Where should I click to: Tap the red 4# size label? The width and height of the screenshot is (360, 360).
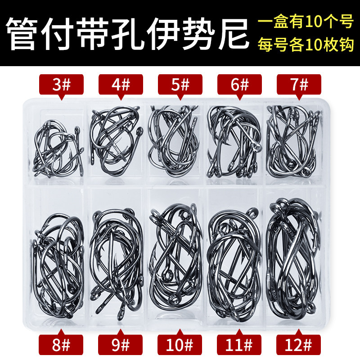[x=120, y=85]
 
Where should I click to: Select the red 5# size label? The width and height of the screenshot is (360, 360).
[x=180, y=85]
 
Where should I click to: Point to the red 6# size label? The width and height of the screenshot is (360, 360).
[x=239, y=85]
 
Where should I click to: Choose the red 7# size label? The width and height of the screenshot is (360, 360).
[x=299, y=85]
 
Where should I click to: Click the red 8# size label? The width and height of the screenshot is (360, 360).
[x=61, y=345]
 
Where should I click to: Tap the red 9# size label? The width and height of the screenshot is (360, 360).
[x=120, y=345]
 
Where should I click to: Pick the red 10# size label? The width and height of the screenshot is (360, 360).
[x=180, y=345]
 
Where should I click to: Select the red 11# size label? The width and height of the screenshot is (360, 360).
[x=239, y=345]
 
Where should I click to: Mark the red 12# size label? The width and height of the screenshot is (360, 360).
[x=299, y=345]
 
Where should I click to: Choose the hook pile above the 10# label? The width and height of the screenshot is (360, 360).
[x=178, y=261]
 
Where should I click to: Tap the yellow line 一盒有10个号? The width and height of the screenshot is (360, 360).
[x=305, y=22]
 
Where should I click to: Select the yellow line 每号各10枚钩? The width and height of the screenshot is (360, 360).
[x=305, y=45]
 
